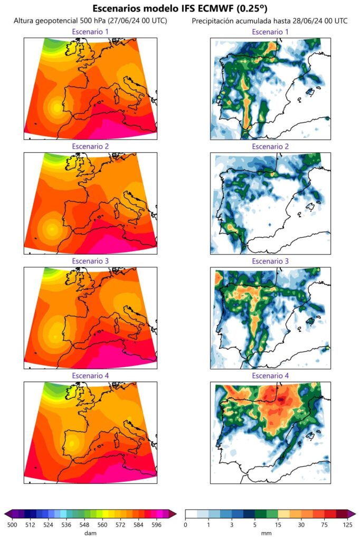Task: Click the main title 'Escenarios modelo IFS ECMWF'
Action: point(180,8)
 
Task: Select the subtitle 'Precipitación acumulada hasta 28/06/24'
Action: point(269,21)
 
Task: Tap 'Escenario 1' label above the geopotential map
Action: point(90,32)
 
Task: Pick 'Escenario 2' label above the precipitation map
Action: point(270,146)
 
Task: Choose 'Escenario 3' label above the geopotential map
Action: point(90,261)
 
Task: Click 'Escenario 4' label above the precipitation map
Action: point(270,376)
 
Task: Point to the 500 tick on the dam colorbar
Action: point(12,524)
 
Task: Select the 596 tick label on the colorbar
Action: point(156,524)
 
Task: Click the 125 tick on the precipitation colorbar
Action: point(347,524)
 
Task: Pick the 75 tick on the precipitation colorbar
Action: point(324,524)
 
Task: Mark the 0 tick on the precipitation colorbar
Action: point(186,524)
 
